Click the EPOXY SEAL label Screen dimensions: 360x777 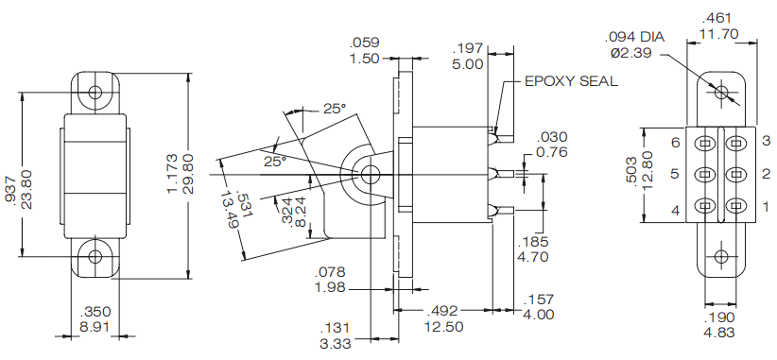(571, 81)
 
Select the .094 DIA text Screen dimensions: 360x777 (634, 37)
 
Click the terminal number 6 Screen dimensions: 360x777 (675, 142)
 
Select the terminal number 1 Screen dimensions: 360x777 (767, 206)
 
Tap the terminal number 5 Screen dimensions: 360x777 (675, 174)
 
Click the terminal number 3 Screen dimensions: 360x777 (767, 142)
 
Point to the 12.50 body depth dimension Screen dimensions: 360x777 (443, 327)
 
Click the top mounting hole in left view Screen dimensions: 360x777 (95, 92)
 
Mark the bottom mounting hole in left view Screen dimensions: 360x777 (95, 256)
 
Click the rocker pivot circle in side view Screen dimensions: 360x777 (370, 174)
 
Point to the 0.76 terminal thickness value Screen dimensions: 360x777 (551, 152)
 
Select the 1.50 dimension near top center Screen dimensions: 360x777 (364, 58)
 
